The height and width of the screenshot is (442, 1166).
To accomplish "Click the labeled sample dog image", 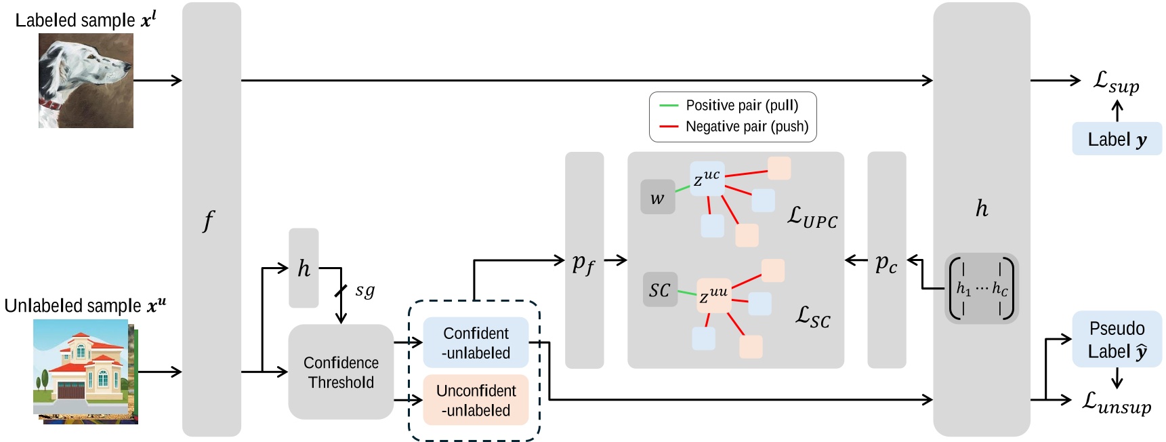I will [x=85, y=81].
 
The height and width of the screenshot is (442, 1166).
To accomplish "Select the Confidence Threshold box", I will [x=341, y=372].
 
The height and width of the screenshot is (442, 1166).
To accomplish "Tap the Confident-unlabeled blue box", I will [x=476, y=343].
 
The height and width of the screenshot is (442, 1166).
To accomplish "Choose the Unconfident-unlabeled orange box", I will [x=476, y=400].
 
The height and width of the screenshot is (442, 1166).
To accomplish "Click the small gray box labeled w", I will [x=657, y=197].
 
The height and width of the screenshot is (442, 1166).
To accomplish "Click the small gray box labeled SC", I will [x=660, y=289].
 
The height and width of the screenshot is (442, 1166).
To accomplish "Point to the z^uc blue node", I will [x=707, y=178].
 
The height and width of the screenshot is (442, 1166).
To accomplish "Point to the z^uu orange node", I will [x=714, y=295].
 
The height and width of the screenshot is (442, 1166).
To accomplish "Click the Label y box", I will [x=1117, y=139].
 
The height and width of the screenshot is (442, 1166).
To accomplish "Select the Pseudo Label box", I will [x=1117, y=340].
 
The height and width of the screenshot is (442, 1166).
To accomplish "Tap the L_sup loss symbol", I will [x=1117, y=83].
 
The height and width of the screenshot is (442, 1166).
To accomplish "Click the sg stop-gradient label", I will [x=365, y=290].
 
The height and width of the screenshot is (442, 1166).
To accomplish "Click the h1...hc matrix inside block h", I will [x=981, y=288].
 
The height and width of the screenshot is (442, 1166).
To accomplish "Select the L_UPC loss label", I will [x=812, y=217].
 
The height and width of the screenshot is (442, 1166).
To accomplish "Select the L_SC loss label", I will [x=812, y=317].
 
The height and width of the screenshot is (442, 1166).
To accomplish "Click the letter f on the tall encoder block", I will [x=209, y=220].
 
